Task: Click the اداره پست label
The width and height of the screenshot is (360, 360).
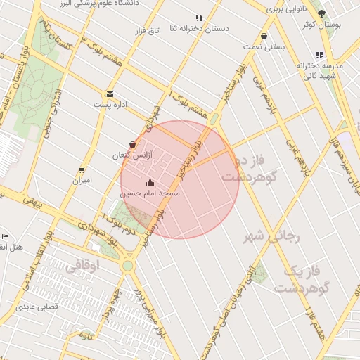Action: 111,104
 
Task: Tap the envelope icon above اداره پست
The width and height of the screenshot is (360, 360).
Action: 110,94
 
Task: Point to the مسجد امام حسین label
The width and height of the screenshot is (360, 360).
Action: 150,193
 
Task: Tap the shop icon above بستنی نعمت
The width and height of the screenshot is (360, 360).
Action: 264,37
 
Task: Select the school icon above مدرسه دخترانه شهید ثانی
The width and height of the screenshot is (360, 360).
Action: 320,55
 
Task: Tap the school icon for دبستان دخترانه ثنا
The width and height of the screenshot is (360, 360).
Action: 199,18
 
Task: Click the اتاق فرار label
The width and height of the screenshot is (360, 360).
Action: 147,32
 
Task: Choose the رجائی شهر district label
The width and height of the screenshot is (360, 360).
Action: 274,237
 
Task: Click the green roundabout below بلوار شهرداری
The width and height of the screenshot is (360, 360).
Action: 128,266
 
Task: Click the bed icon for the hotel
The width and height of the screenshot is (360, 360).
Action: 5,237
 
